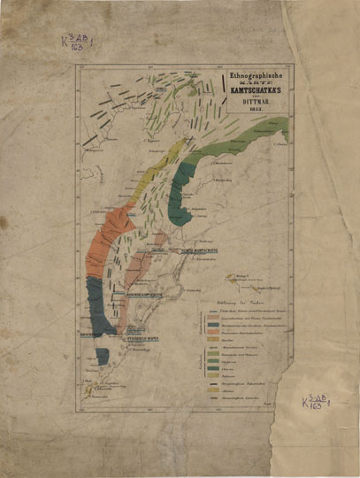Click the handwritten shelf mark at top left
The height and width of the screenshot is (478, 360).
click(78, 42)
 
